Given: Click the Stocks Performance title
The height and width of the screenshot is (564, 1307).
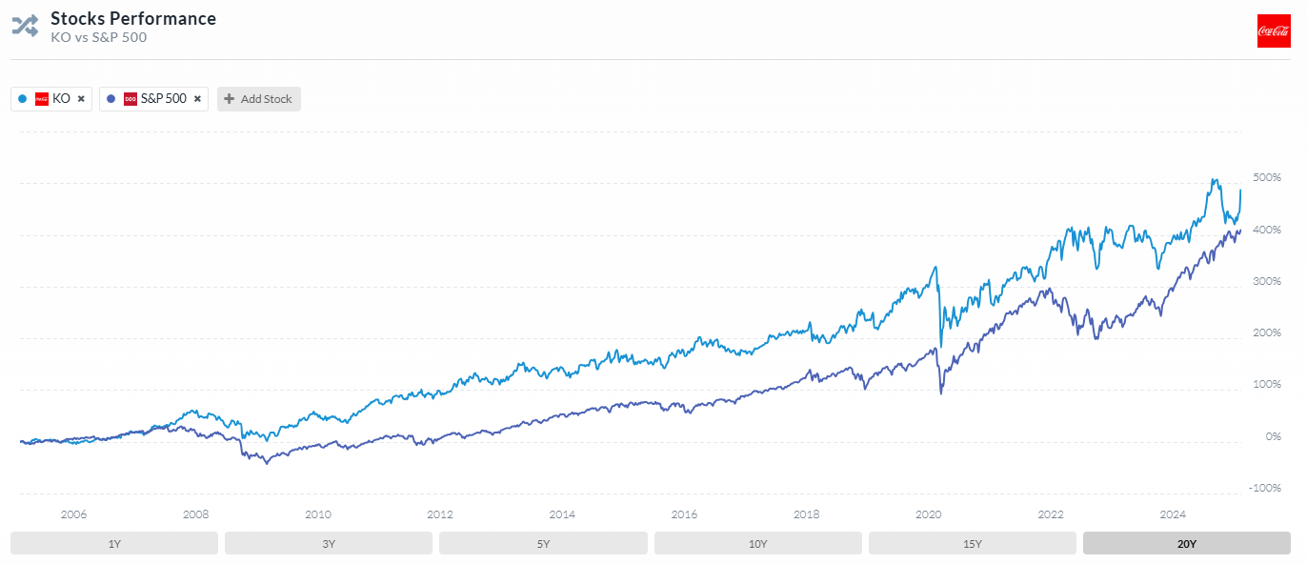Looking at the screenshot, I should click(x=132, y=19).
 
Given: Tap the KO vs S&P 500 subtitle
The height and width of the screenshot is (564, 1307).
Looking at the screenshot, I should click(x=98, y=38).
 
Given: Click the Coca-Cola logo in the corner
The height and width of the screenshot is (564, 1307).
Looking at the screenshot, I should click(x=1273, y=30).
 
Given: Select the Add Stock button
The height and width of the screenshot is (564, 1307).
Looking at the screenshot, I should click(x=259, y=99).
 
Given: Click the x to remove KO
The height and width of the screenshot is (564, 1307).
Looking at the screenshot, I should click(x=81, y=99).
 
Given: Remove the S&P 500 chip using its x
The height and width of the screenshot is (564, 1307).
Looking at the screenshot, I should click(x=197, y=99).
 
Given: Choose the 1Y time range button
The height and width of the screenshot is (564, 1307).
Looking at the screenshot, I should click(x=114, y=543).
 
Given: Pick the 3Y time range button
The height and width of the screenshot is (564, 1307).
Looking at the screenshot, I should click(x=329, y=543).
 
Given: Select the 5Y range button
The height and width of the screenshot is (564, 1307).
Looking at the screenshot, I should click(x=543, y=543).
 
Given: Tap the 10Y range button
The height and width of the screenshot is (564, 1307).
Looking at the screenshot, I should click(x=757, y=543).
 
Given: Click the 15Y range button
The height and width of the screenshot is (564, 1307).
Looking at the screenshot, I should click(x=972, y=543).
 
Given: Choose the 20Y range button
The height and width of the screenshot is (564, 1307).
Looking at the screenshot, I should click(x=1186, y=543).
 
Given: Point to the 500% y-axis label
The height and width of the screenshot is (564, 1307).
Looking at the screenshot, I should click(x=1266, y=178).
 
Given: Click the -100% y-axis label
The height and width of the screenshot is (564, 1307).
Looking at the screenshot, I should click(x=1265, y=488).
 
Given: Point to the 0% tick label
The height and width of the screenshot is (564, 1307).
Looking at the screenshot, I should click(x=1273, y=436).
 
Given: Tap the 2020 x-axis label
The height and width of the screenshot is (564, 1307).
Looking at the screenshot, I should click(x=928, y=514).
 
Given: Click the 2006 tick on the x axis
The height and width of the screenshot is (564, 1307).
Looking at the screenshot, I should click(x=73, y=514).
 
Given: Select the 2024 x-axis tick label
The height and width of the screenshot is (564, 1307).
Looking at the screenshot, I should click(x=1172, y=514).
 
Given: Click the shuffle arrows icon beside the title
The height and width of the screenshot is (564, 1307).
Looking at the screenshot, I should click(x=25, y=26).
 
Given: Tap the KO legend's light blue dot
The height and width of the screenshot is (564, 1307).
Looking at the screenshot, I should click(x=22, y=99).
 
